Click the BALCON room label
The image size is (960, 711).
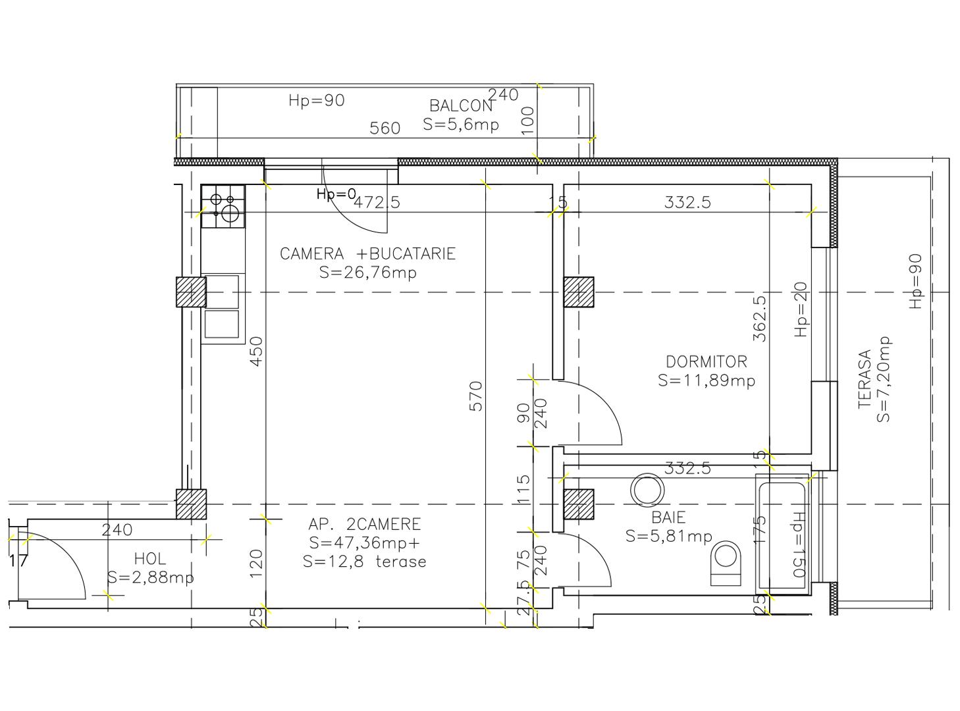[460, 105]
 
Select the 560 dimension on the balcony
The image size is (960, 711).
[385, 128]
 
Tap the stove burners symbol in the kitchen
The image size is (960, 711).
[223, 205]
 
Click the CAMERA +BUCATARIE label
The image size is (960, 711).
[367, 254]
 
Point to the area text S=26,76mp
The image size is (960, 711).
[367, 273]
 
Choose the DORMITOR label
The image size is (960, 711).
[707, 361]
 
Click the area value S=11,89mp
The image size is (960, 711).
[707, 381]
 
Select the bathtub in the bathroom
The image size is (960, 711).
[782, 537]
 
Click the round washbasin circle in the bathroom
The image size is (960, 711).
[647, 490]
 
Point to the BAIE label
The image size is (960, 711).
[668, 517]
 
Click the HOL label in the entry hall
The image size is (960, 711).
[150, 559]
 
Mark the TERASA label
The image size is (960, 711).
[865, 379]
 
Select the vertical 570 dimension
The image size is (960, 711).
[476, 396]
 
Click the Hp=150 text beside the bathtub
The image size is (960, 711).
[799, 544]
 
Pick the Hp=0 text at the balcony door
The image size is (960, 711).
[336, 194]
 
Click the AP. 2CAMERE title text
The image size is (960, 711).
[364, 525]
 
